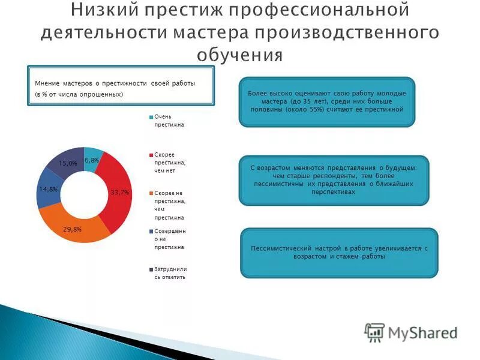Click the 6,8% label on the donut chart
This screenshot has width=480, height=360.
91,160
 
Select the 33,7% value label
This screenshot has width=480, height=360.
120,192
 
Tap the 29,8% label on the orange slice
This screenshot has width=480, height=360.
73,229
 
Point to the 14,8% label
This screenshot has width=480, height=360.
48,189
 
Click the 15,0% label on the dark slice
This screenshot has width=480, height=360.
68,163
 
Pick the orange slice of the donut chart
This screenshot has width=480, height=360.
78,228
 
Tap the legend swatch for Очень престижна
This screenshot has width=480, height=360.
151,117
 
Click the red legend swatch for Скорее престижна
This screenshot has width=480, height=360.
151,155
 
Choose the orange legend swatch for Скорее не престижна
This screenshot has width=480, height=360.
151,193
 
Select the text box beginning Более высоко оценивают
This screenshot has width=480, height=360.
327,102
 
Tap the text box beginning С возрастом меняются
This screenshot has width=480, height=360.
334,181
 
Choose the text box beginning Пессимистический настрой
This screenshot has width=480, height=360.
339,253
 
